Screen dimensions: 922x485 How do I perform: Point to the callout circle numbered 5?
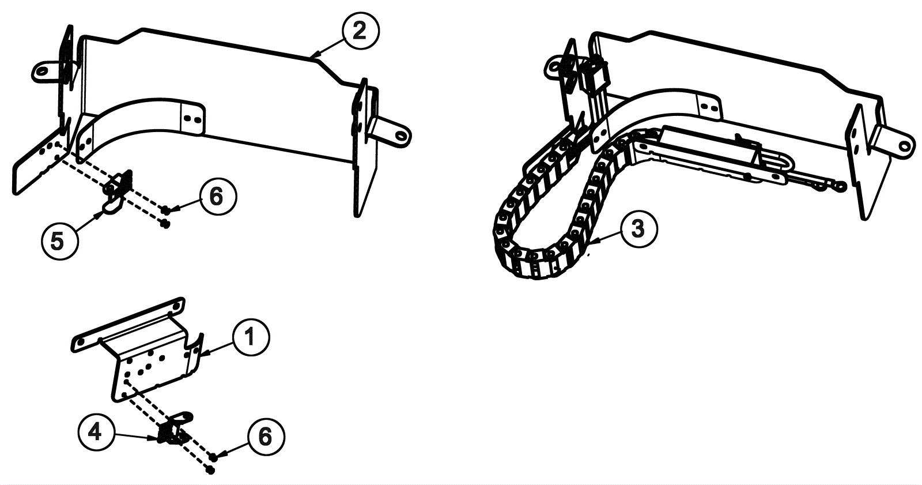[58, 240]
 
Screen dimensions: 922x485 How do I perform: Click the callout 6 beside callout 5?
[216, 197]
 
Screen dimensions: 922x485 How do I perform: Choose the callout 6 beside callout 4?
[264, 437]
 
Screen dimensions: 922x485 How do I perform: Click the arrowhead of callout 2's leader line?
[312, 56]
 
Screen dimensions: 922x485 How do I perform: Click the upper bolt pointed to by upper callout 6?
[165, 209]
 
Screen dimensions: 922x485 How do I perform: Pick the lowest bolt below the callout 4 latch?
[210, 471]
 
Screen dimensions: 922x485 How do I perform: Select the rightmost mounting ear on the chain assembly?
[899, 143]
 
